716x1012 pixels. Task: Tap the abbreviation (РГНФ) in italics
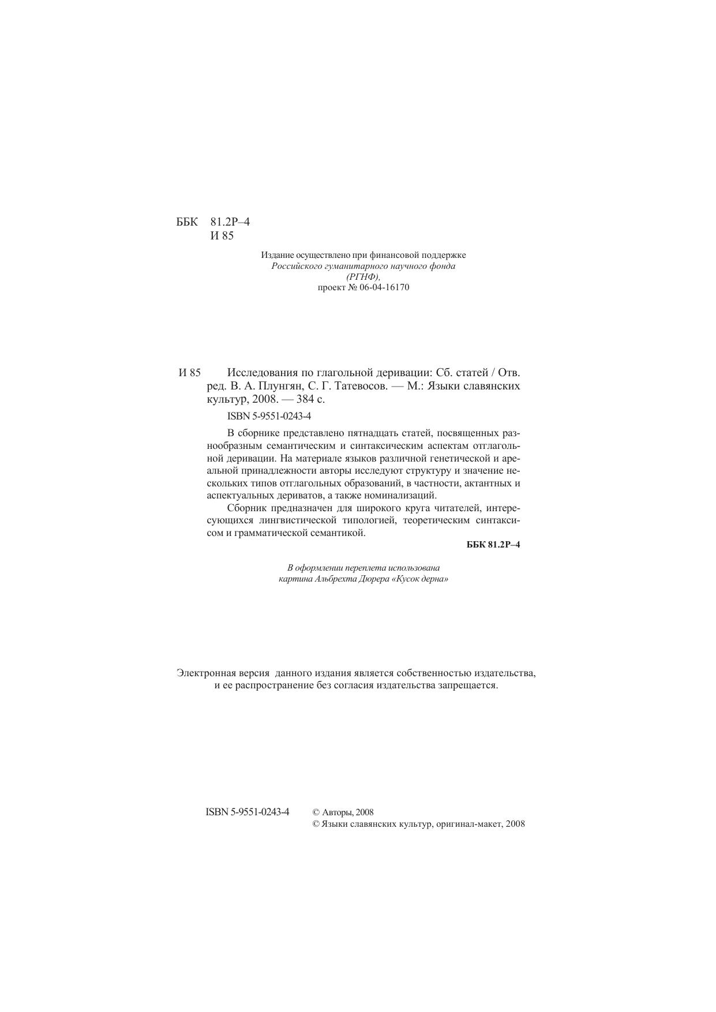pos(363,277)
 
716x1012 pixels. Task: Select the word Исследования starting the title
pos(264,372)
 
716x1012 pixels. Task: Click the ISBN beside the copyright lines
pos(248,812)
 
